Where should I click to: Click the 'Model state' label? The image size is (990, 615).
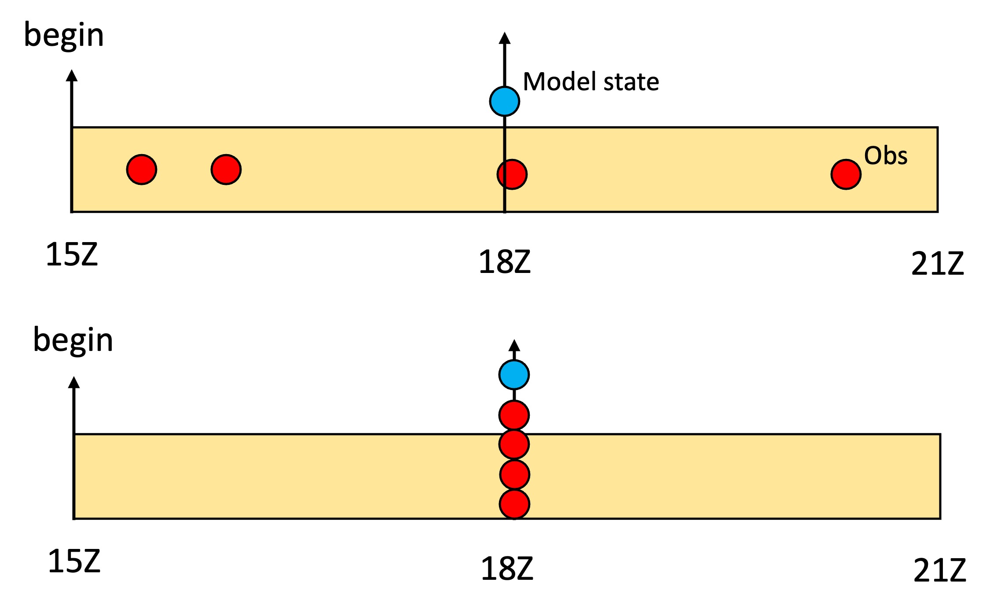[x=590, y=82]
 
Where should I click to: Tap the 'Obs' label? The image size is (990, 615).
[x=885, y=156]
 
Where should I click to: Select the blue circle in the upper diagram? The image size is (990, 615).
[x=505, y=101]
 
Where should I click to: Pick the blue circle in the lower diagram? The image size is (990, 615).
[x=514, y=375]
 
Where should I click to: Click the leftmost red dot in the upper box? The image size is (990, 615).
[x=142, y=169]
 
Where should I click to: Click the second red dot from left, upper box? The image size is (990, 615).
[x=226, y=169]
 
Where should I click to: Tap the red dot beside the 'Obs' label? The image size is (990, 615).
[x=846, y=174]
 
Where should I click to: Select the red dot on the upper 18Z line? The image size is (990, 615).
[x=512, y=174]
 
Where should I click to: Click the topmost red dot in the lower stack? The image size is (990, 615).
[x=514, y=415]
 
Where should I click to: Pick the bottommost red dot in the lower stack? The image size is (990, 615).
[x=514, y=504]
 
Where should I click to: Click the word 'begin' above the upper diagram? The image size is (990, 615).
[x=64, y=35]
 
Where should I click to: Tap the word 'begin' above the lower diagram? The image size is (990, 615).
[x=73, y=340]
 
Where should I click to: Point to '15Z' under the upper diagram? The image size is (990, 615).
[x=72, y=255]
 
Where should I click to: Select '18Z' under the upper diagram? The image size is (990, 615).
[x=505, y=262]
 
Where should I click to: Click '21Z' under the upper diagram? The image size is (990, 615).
[x=937, y=264]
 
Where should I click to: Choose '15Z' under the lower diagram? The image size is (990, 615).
[x=74, y=561]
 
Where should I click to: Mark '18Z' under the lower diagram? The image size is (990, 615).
[x=507, y=568]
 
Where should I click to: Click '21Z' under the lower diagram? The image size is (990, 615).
[x=939, y=571]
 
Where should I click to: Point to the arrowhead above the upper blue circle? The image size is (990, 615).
[x=505, y=38]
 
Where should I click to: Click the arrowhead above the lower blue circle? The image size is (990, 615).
[x=514, y=346]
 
